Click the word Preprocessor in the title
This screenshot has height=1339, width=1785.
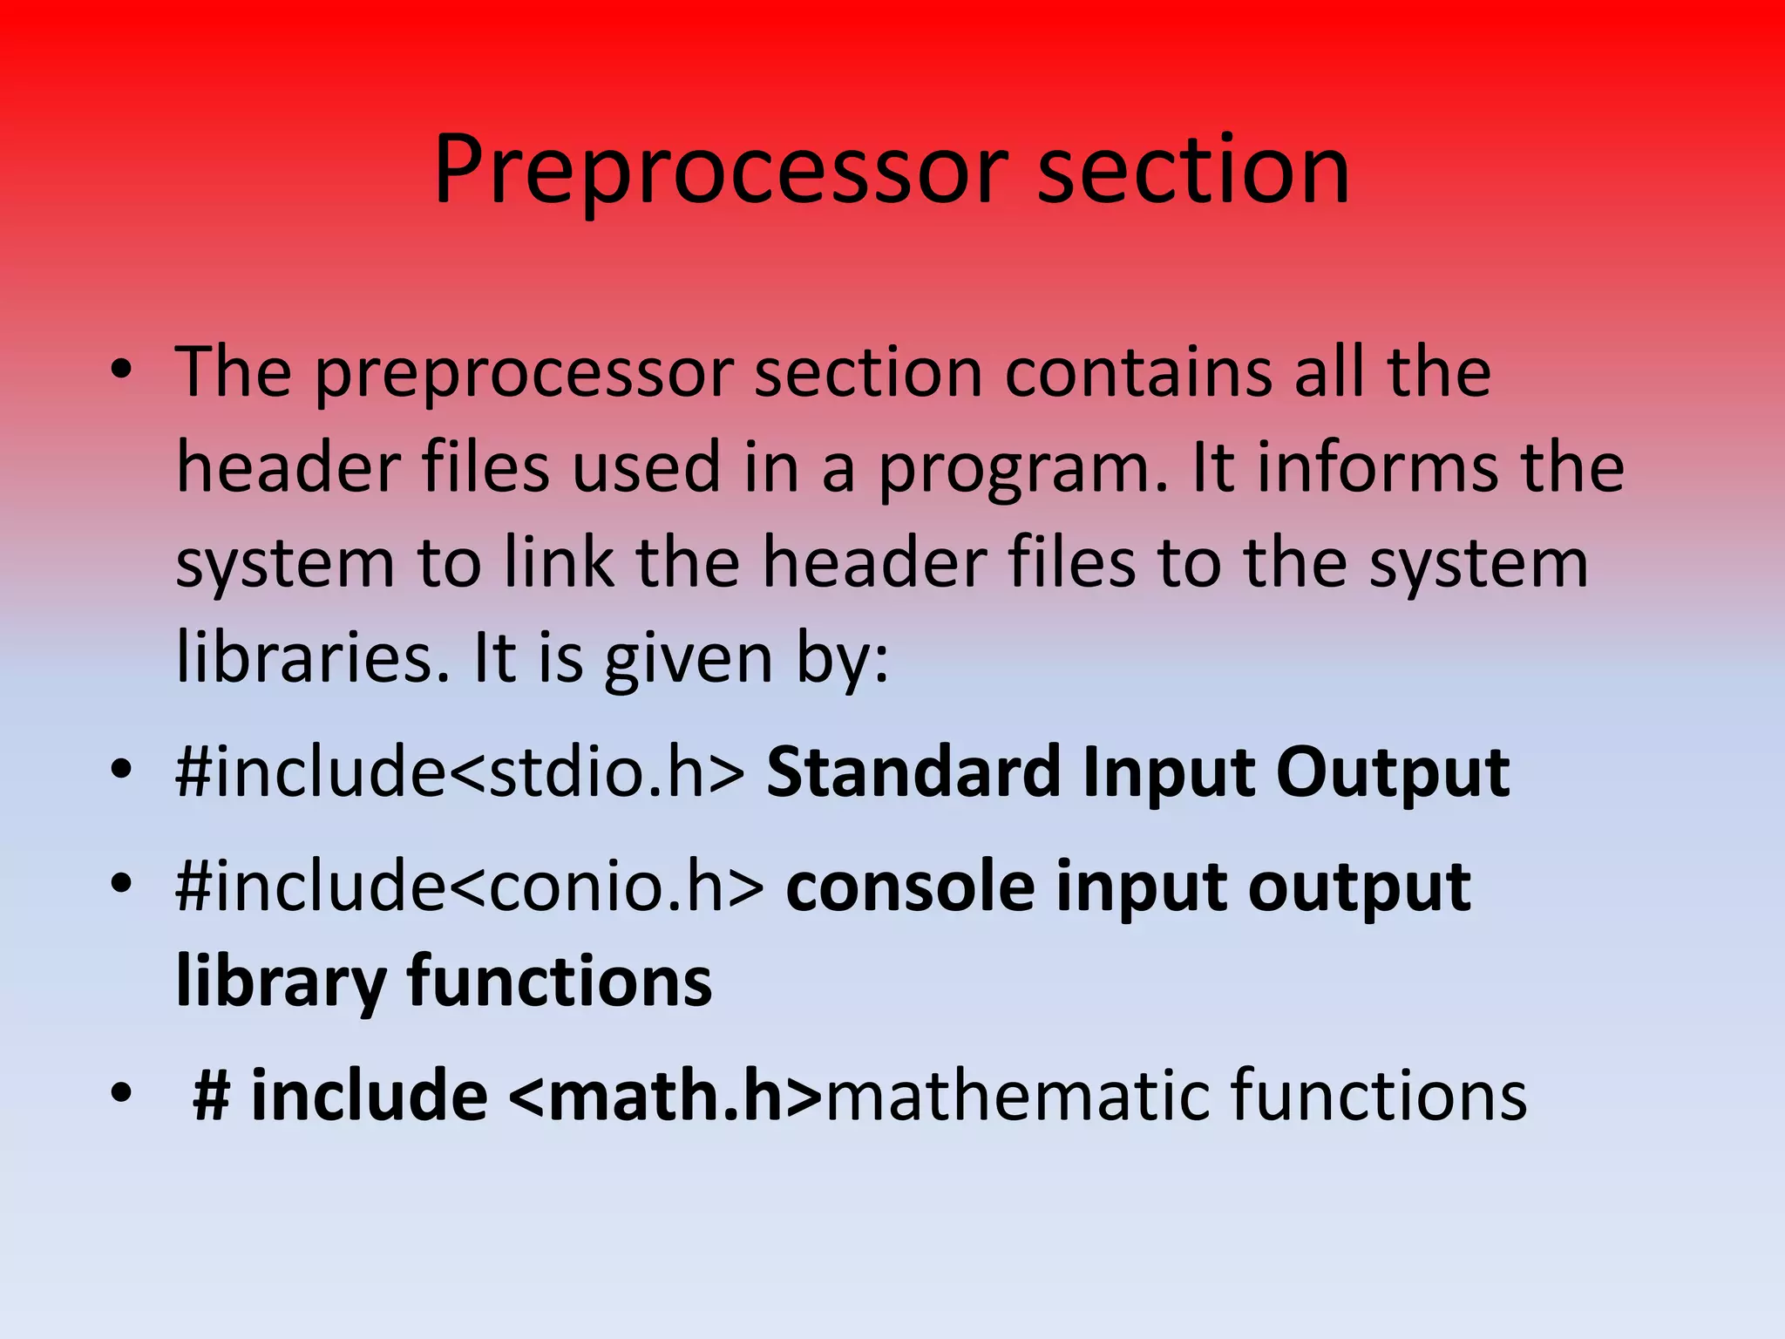point(720,171)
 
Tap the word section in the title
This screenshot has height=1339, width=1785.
point(1193,171)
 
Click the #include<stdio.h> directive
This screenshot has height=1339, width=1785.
point(460,772)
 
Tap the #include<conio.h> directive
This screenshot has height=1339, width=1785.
point(470,887)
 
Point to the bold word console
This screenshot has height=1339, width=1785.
point(910,887)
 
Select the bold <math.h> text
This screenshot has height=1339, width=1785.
point(664,1096)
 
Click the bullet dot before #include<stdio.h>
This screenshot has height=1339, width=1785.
point(121,769)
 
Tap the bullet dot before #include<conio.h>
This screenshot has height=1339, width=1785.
point(121,883)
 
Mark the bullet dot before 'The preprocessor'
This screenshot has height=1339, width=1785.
point(121,370)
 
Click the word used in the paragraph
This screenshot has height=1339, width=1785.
point(646,468)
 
